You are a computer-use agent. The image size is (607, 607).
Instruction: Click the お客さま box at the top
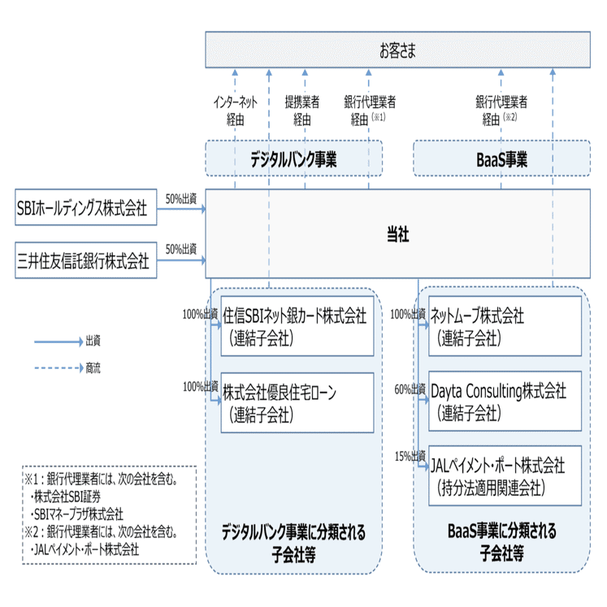click(x=397, y=50)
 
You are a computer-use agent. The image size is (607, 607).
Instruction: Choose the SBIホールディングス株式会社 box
click(x=86, y=209)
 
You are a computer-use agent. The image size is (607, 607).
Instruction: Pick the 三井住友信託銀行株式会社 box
click(x=86, y=261)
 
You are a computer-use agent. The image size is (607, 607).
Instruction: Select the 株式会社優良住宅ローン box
click(x=297, y=402)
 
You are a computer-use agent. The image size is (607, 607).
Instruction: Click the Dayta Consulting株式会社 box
click(x=505, y=401)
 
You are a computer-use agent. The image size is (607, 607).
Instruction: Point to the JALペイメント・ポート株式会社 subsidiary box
click(x=505, y=475)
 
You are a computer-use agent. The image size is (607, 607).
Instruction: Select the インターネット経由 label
click(x=236, y=111)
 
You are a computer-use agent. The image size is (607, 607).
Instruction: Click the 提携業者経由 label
click(x=301, y=111)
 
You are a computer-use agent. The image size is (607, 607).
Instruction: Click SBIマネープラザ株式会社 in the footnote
click(x=78, y=514)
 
